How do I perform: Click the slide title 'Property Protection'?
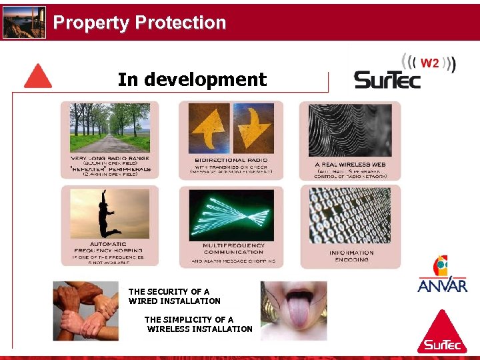coord(139,23)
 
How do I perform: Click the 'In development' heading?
coord(192,80)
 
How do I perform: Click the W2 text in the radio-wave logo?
coord(430,63)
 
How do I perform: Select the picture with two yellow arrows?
coord(231,128)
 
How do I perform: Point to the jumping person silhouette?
coord(109,213)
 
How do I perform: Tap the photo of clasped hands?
coord(86,311)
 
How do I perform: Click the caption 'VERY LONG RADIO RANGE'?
coord(109,158)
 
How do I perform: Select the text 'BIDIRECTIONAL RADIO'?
coord(231,161)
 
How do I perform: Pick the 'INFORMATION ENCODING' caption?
coord(351,256)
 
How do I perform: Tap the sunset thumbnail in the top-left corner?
coord(24,23)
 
